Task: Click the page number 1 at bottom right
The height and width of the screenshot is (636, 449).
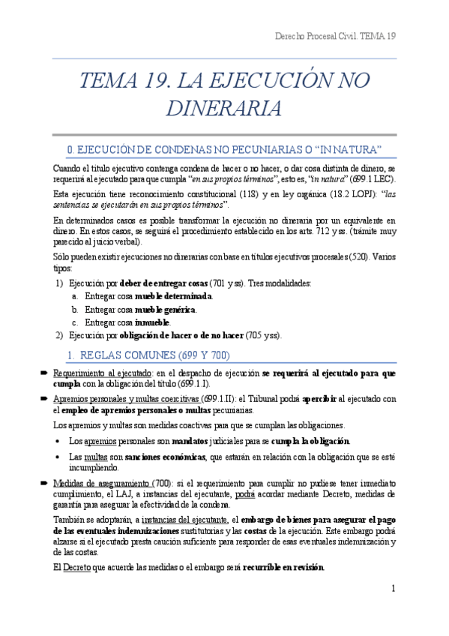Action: pos(393,589)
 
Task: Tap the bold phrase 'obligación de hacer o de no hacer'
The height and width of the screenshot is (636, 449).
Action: pos(190,335)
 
